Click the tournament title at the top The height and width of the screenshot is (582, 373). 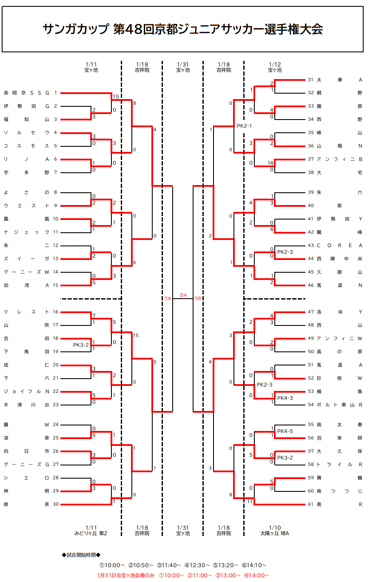(182, 29)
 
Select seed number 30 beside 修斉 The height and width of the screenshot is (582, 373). (56, 505)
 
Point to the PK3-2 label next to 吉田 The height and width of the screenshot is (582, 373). (81, 345)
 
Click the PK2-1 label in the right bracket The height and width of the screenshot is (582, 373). (245, 126)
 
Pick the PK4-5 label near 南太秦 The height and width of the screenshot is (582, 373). (285, 431)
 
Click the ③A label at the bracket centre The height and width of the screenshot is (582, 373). (183, 295)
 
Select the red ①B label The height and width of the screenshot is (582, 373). (197, 299)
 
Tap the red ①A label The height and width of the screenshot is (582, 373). (167, 299)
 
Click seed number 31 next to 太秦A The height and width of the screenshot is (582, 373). (310, 80)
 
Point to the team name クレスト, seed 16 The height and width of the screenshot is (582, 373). (27, 312)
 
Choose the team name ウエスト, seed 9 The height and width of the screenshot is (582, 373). (27, 205)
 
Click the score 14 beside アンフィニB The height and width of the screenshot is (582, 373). (270, 163)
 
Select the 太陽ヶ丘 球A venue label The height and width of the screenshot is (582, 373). (275, 533)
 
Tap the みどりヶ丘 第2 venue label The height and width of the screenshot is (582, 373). (91, 533)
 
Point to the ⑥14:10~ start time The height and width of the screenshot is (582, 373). (254, 565)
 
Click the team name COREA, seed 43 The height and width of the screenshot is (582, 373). (339, 245)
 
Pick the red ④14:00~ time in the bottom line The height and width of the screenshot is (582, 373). (256, 576)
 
